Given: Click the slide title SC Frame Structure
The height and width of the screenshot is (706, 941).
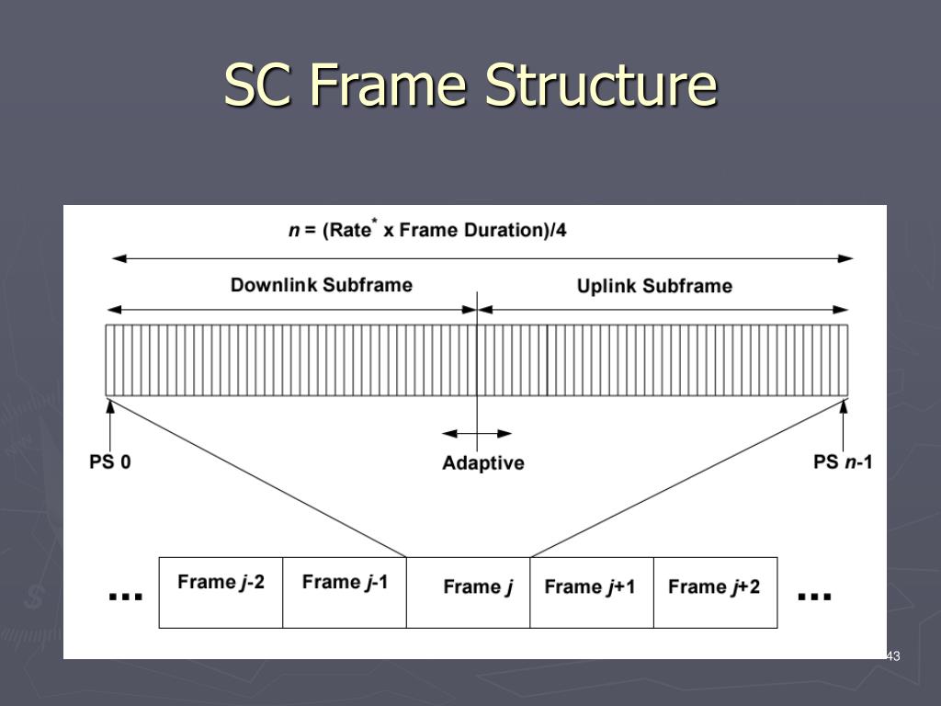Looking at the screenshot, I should [470, 85].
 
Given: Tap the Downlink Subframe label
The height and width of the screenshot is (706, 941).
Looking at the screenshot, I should [321, 285].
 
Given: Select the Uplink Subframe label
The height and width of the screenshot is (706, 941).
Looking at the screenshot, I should [654, 286].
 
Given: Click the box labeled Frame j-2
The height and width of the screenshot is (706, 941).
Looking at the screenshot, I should [221, 592].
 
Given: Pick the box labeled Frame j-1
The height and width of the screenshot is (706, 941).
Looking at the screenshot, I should [345, 592].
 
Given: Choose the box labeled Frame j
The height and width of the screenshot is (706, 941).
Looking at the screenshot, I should [468, 592].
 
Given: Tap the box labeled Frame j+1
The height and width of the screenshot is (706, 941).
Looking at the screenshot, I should [591, 592].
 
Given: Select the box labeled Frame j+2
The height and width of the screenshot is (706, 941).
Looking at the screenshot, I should [715, 592].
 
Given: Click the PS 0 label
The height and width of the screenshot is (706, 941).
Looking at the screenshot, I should [109, 461].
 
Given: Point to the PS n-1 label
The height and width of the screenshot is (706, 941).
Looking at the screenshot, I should [843, 461].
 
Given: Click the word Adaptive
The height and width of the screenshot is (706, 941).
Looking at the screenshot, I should [482, 463].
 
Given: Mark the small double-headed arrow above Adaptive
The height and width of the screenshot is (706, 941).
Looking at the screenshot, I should [477, 433].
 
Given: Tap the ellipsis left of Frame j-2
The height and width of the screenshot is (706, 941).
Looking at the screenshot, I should [126, 596].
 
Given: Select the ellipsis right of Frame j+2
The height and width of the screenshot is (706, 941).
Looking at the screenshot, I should [814, 596].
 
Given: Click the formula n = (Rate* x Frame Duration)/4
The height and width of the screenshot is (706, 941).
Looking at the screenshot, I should [427, 229].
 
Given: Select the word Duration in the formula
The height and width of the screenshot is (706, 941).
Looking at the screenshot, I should [498, 230].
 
